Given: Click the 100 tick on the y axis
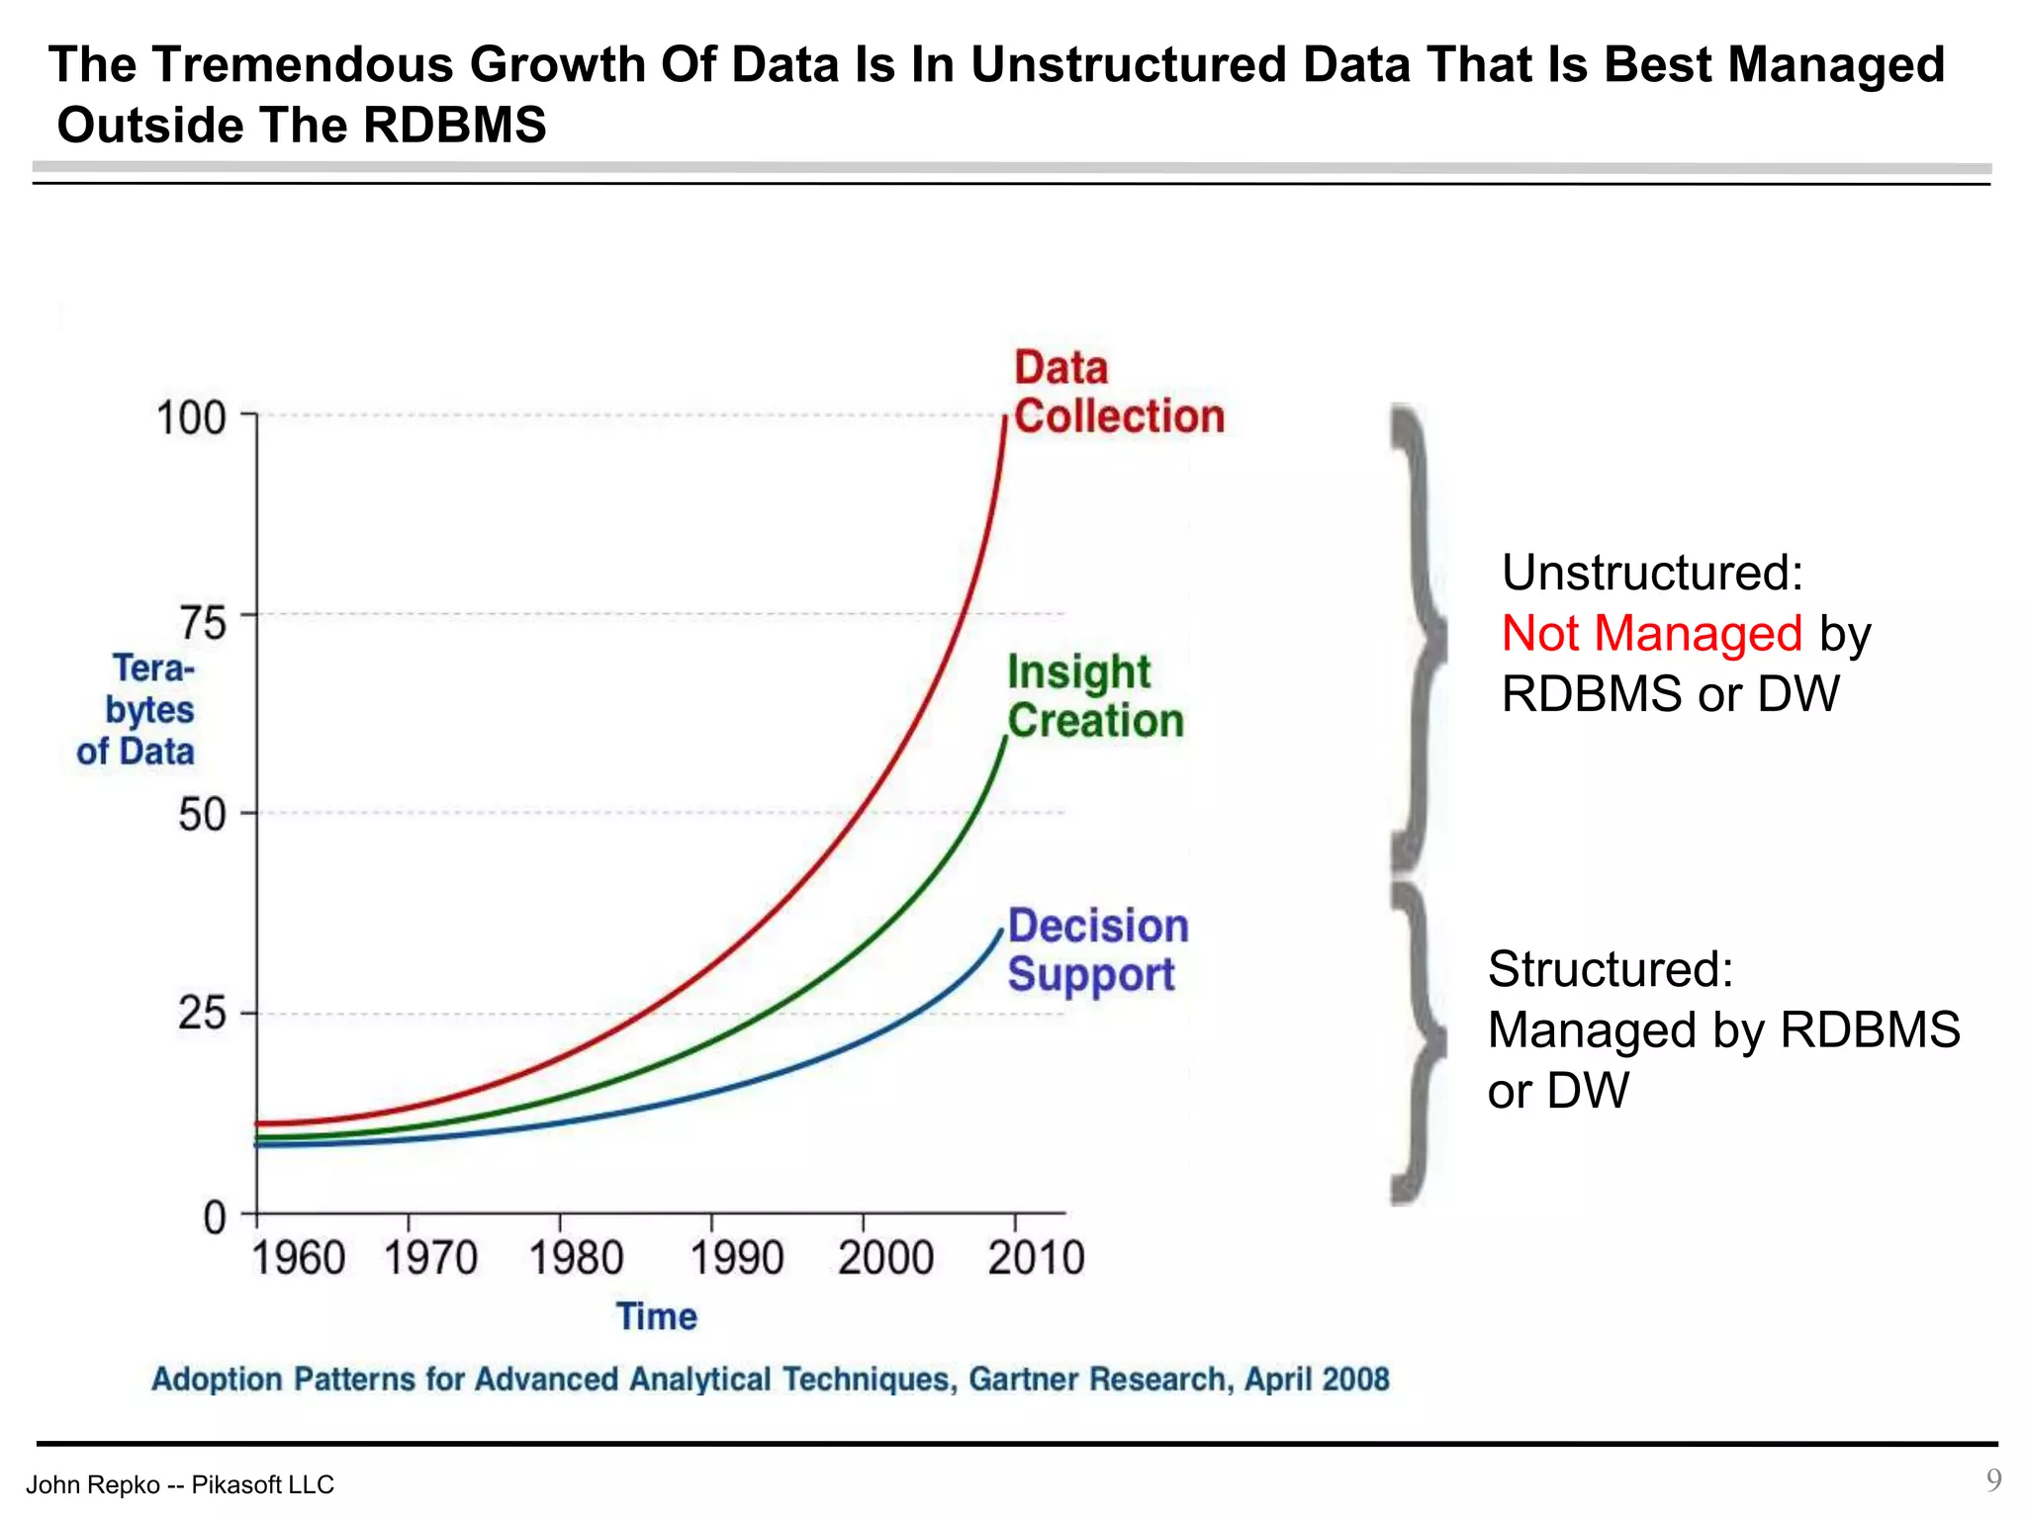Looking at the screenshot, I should [x=192, y=417].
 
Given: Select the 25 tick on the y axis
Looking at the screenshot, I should [x=203, y=1013].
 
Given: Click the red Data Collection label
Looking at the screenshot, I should [x=1118, y=393].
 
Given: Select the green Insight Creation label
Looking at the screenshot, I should [x=1094, y=696].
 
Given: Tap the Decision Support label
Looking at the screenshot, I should [x=1097, y=950].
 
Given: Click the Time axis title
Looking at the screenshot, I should [x=657, y=1317].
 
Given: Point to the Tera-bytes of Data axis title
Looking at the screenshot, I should [x=138, y=710].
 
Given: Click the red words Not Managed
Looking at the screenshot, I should [x=1651, y=633].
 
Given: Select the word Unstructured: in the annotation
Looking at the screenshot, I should [x=1652, y=573].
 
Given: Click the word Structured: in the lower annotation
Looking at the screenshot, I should [x=1610, y=969].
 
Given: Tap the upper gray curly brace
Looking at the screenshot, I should [x=1417, y=638].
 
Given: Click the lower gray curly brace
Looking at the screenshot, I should [x=1417, y=1043].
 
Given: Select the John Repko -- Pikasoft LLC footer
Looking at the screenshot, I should [x=180, y=1484].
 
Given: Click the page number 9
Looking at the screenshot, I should [x=1993, y=1479].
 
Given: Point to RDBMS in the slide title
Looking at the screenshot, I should [x=454, y=126].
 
